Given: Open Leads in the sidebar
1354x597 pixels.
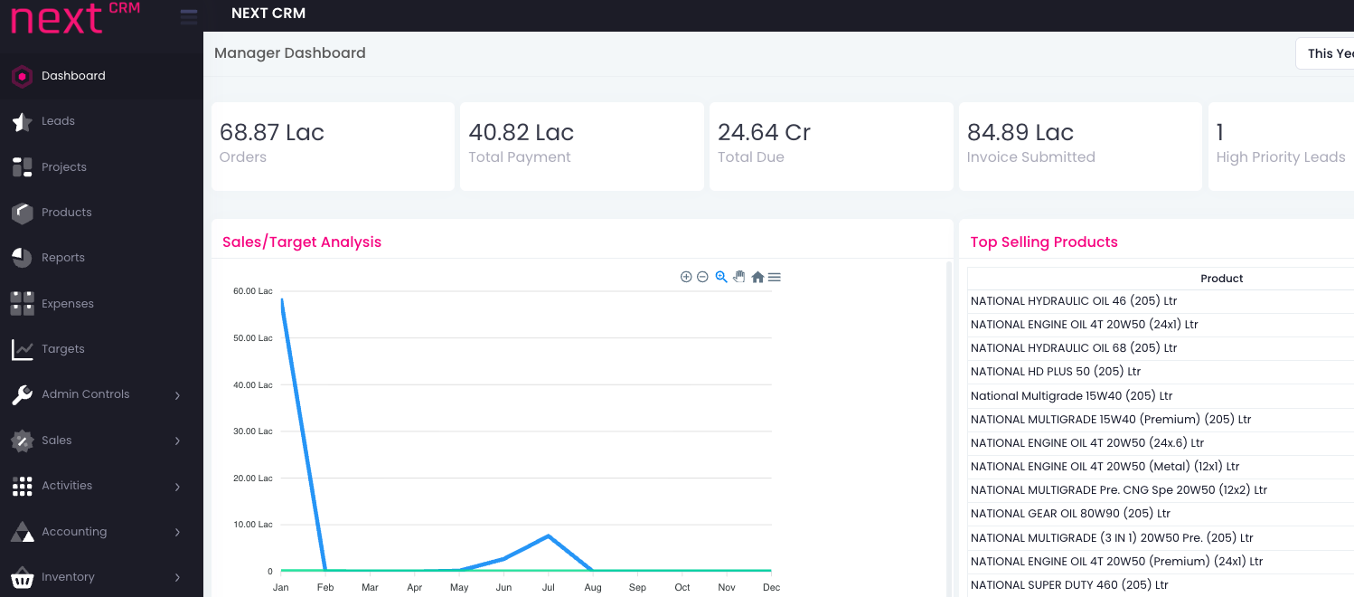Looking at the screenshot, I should click(x=58, y=121).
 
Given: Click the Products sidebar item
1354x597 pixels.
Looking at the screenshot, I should click(x=66, y=213).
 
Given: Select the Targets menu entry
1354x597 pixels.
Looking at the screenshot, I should click(x=62, y=349).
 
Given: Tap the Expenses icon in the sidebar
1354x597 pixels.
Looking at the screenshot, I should click(x=23, y=303).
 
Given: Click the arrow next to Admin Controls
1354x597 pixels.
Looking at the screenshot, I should click(x=177, y=395).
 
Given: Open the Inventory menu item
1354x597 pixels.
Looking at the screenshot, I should click(x=68, y=577).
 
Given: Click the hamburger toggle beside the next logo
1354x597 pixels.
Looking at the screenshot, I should click(x=189, y=17).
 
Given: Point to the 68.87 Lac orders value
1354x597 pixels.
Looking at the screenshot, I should click(x=272, y=133).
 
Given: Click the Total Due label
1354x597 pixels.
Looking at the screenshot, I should click(x=750, y=157).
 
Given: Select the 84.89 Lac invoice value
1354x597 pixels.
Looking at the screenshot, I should click(x=1020, y=133).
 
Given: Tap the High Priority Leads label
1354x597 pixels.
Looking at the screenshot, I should click(x=1280, y=157).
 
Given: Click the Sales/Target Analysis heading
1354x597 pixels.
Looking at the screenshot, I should click(x=302, y=242).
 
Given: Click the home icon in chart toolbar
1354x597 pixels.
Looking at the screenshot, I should click(x=757, y=277).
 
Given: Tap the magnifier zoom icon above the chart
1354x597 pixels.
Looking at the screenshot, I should click(x=721, y=277).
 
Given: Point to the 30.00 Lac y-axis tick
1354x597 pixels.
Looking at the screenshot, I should click(x=253, y=431).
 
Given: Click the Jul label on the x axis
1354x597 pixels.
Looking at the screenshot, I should click(x=548, y=587).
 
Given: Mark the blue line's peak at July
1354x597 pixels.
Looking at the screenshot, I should click(x=549, y=535).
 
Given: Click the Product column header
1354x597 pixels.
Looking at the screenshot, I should click(x=1221, y=279).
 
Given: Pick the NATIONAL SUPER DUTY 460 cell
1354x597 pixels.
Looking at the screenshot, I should click(x=1069, y=585).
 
